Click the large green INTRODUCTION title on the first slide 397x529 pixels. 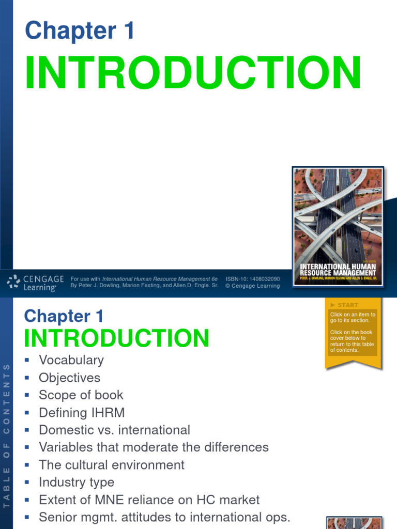pos(192,73)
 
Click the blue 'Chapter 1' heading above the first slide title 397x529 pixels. pos(80,31)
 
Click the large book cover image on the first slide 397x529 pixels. pos(338,225)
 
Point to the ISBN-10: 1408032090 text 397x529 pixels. pos(252,279)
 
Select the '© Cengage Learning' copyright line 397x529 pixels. pos(252,286)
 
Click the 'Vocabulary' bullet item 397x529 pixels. pos(71,360)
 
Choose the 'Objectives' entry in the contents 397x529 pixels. pos(69,378)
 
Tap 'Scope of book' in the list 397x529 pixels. pos(81,395)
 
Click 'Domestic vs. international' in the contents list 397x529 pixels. pos(114,430)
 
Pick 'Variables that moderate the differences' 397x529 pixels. pos(154,447)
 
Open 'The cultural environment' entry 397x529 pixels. pos(112,465)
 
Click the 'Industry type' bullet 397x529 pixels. pos(77,483)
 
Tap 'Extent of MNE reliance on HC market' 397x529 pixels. pos(149,500)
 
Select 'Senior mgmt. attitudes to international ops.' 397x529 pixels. pos(165,517)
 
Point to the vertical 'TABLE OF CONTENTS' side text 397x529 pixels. pos(7,434)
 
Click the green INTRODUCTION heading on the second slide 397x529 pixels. pos(117,338)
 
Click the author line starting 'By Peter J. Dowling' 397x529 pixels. pos(144,286)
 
